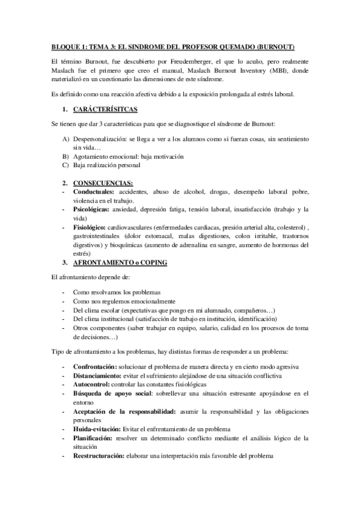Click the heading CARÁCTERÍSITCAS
click(x=105, y=110)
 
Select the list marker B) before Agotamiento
click(x=65, y=156)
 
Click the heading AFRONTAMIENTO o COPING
click(x=120, y=263)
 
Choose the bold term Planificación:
click(x=93, y=438)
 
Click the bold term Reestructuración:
click(x=98, y=456)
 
